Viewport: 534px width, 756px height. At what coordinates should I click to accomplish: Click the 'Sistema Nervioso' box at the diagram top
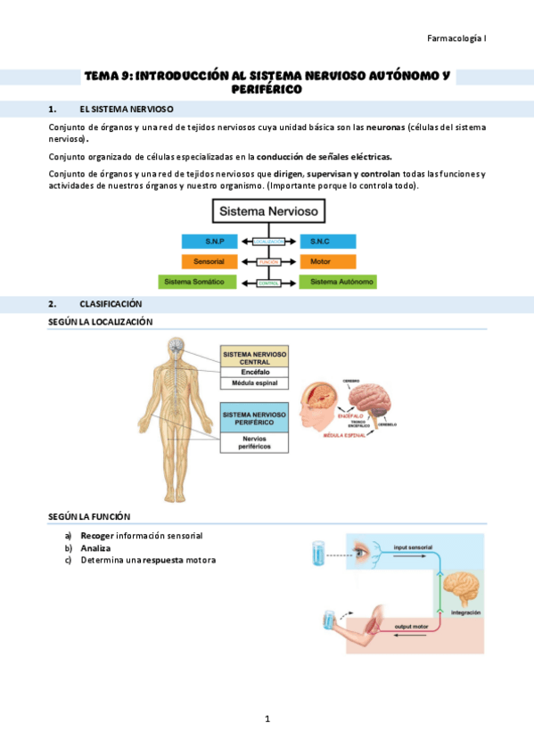(x=268, y=212)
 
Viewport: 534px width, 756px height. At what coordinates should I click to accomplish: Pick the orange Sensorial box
(x=209, y=262)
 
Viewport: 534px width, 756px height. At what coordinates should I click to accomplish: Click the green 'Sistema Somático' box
(x=197, y=282)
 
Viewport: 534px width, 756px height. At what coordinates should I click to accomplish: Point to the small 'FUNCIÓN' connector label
(x=268, y=262)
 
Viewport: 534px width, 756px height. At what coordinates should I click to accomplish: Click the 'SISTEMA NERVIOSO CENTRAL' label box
(x=254, y=357)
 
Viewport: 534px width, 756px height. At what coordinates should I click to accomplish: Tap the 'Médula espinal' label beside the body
(x=254, y=383)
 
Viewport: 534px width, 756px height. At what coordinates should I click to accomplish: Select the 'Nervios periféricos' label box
(x=254, y=443)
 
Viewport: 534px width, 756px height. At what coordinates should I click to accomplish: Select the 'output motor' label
(x=411, y=628)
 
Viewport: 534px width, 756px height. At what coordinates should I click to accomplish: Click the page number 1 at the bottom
(x=267, y=719)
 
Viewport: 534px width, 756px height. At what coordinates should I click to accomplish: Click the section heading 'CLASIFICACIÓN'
(x=111, y=304)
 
